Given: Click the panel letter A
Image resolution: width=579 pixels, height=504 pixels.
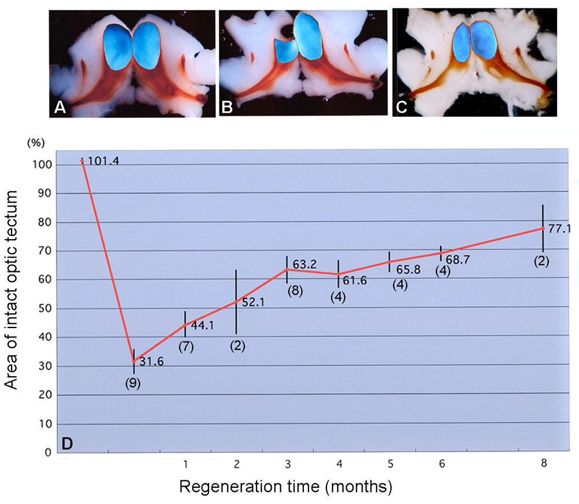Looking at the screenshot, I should [59, 106].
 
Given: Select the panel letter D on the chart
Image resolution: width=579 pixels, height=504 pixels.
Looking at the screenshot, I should [67, 444].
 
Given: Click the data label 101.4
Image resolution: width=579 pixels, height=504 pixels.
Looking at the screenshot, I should [104, 161].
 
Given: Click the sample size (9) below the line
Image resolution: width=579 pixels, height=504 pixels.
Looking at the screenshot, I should [134, 383].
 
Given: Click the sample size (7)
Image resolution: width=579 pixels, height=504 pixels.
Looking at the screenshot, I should [186, 347].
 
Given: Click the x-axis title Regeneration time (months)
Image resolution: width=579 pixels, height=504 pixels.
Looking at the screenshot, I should [285, 487].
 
